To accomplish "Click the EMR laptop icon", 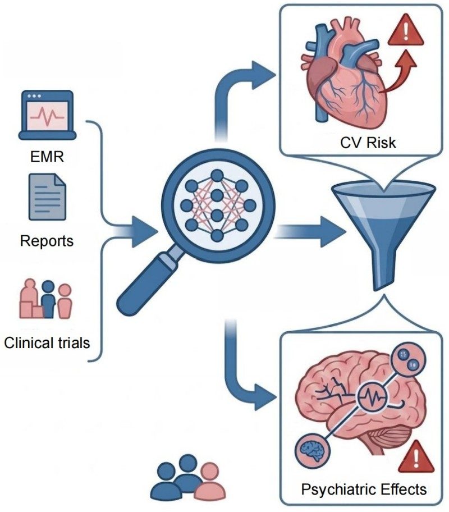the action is pos(47,115).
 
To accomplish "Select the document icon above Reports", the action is pos(47,197).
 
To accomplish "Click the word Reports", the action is pos(47,241).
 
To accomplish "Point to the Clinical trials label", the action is pos(47,343).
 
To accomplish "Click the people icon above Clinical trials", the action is pos(45,299).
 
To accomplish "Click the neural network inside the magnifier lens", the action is pos(218,205).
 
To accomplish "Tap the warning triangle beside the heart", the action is pos(406,30).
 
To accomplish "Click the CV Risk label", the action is pos(368,143).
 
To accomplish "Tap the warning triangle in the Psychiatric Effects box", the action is pos(416,457).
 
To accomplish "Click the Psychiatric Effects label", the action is pos(364,490).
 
